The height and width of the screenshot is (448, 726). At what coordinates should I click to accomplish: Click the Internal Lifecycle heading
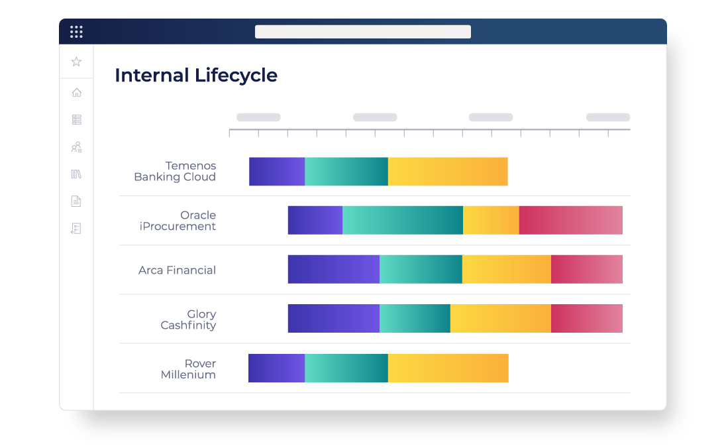(196, 76)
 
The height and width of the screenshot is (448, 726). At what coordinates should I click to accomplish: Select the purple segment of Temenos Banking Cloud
(277, 172)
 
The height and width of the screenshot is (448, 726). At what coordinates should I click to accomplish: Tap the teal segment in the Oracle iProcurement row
(403, 220)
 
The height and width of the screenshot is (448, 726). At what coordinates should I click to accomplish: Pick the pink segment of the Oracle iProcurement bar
(571, 220)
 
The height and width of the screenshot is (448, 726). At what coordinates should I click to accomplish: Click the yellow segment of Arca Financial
(507, 269)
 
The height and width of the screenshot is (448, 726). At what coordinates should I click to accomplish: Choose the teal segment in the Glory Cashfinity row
(415, 318)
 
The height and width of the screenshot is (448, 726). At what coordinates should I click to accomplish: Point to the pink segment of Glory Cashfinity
(587, 318)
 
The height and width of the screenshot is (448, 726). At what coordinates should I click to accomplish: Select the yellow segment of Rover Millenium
(448, 368)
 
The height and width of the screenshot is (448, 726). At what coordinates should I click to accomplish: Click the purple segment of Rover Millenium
(277, 368)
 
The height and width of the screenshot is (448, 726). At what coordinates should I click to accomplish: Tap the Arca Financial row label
(177, 270)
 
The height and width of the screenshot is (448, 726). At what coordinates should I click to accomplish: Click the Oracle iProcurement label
(178, 221)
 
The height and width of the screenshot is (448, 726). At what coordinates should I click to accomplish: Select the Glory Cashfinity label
(188, 319)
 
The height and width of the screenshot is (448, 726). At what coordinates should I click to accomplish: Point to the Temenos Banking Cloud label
(175, 171)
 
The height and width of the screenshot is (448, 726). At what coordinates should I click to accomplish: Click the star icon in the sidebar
(76, 62)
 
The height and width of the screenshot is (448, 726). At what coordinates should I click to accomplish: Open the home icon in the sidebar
(77, 93)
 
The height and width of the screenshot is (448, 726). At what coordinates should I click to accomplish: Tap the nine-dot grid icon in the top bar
(76, 32)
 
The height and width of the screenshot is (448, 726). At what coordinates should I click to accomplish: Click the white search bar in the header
(363, 32)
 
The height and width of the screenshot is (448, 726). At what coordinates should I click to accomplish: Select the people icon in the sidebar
(76, 147)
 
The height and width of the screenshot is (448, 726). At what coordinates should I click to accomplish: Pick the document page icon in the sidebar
(76, 201)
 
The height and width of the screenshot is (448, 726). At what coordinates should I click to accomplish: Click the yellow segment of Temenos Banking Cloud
(448, 172)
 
